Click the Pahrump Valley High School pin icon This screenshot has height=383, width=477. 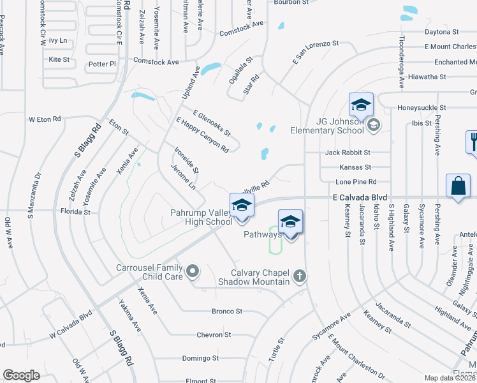[242, 206]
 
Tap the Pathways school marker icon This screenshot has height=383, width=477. [290, 222]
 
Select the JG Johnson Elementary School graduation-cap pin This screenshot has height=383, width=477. [360, 105]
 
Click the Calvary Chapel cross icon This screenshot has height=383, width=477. [300, 276]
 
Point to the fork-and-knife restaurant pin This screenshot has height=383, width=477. [473, 140]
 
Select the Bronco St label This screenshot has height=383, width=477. [227, 312]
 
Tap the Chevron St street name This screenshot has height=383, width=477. [214, 334]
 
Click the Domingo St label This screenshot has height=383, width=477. [200, 358]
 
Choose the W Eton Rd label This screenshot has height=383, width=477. [45, 119]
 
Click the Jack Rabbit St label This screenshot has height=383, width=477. [348, 153]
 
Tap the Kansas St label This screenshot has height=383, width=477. [355, 167]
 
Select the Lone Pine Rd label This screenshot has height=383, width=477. [356, 182]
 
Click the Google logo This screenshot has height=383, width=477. [21, 375]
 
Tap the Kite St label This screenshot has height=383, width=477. [59, 59]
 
